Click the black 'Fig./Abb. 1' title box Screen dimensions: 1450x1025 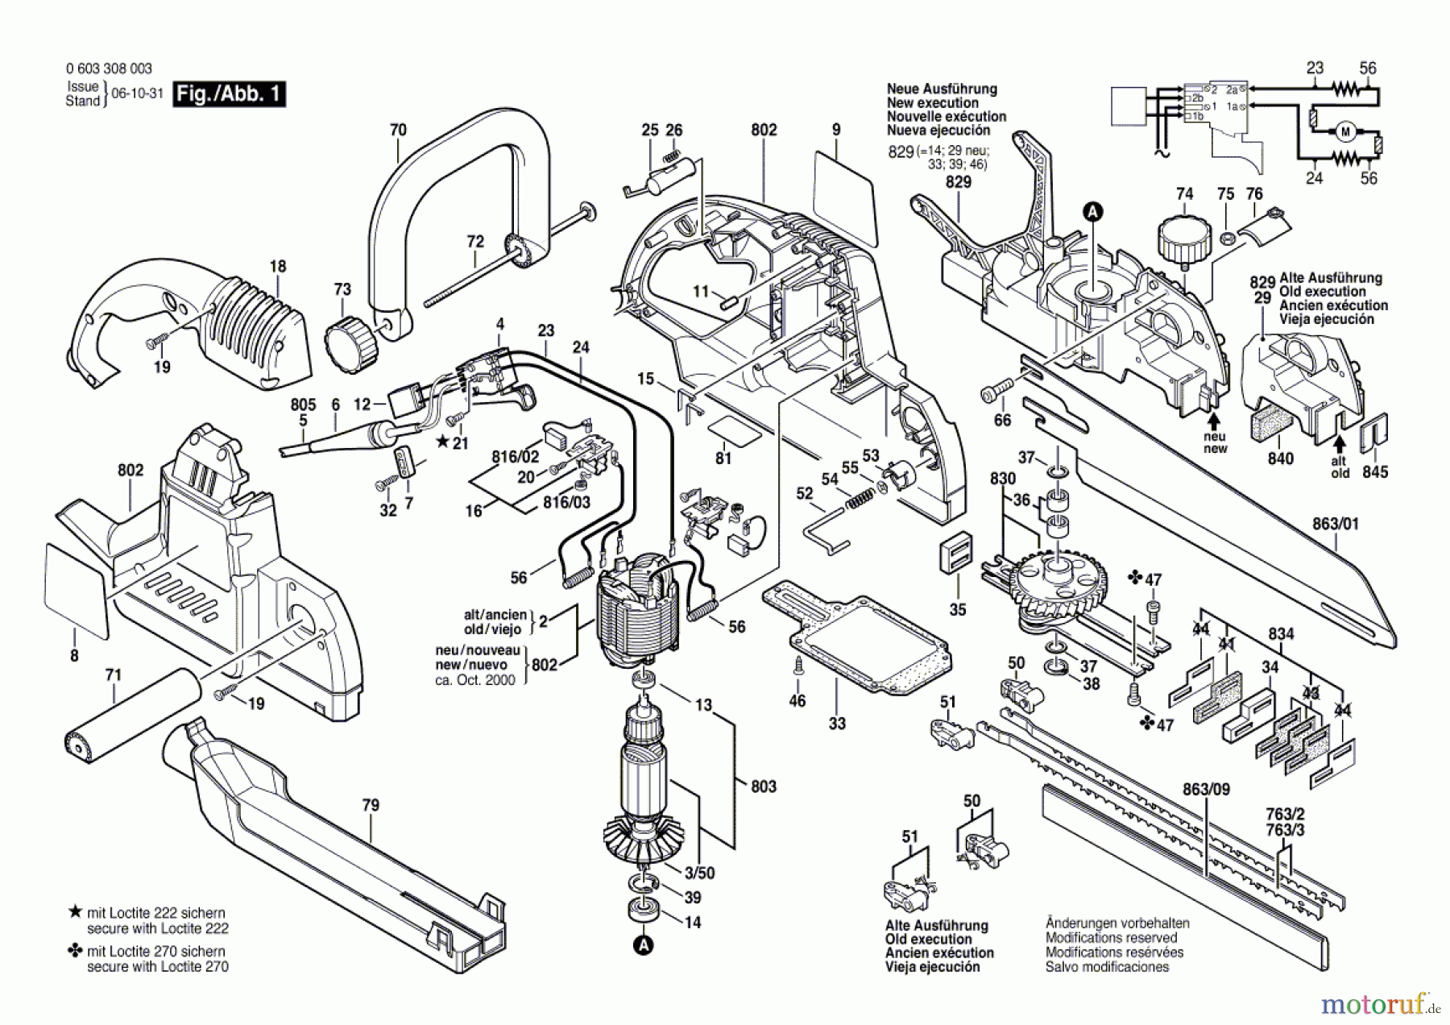(230, 94)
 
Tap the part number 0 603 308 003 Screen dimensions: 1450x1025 (109, 69)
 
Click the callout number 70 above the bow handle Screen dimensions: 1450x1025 (398, 130)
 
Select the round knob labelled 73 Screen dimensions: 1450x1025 (351, 343)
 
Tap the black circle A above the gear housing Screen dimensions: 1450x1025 (1093, 212)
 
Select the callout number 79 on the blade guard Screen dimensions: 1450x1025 (370, 805)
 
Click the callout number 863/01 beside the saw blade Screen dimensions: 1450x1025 (1335, 524)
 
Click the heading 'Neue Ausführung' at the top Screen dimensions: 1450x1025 (942, 89)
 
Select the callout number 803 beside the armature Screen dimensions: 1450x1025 (763, 786)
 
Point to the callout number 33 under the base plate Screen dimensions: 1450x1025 (837, 723)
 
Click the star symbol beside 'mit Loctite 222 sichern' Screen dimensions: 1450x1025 (76, 912)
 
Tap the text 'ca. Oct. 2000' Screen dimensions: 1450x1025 (476, 680)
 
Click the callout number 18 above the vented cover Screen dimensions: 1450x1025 (277, 266)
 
